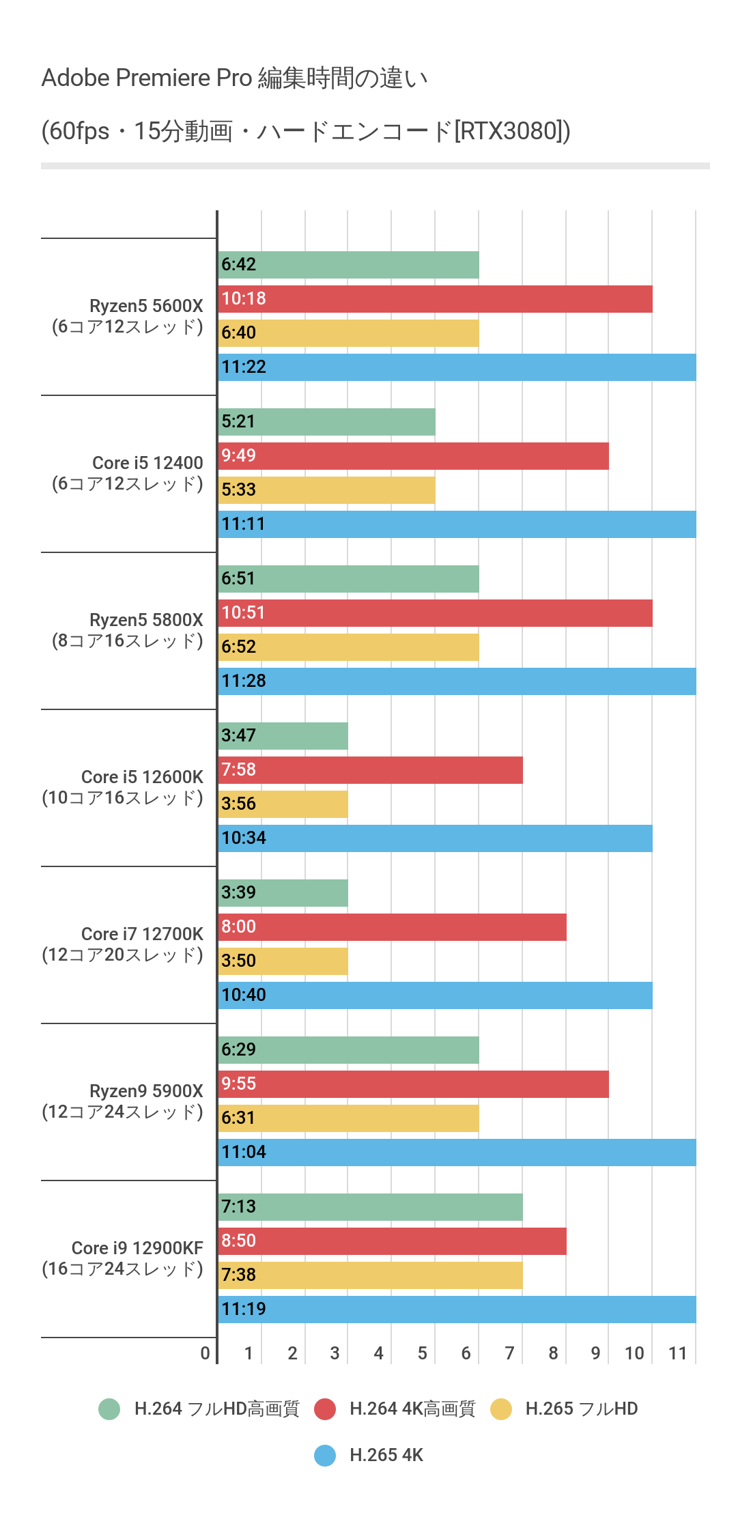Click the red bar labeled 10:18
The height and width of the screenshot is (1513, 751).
point(435,299)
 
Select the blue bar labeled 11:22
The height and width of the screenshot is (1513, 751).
point(457,367)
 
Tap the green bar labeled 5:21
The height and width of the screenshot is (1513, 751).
point(326,422)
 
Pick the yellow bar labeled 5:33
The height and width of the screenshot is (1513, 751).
point(326,490)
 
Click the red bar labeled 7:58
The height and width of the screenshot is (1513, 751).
point(370,770)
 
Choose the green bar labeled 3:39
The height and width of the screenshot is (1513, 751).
point(283,893)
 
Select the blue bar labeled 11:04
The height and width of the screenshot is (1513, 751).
point(457,1153)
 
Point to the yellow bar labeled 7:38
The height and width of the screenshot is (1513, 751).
point(370,1275)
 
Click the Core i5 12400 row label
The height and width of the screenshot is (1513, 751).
point(128,473)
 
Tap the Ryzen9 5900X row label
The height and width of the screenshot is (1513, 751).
point(123,1101)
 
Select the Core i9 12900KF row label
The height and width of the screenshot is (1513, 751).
point(123,1258)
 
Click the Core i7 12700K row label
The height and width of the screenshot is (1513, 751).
point(123,944)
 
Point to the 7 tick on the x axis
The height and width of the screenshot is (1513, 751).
point(509,1353)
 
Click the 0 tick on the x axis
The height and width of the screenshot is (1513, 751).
point(205,1353)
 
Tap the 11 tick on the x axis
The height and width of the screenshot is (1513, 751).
point(677,1353)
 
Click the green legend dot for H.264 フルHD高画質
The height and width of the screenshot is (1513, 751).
point(109,1409)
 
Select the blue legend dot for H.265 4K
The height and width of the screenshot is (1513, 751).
point(325,1456)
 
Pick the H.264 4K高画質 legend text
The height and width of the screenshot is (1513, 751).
point(412,1409)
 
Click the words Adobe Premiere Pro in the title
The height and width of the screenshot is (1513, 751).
point(147,78)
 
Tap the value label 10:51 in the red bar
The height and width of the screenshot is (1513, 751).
point(243,612)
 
